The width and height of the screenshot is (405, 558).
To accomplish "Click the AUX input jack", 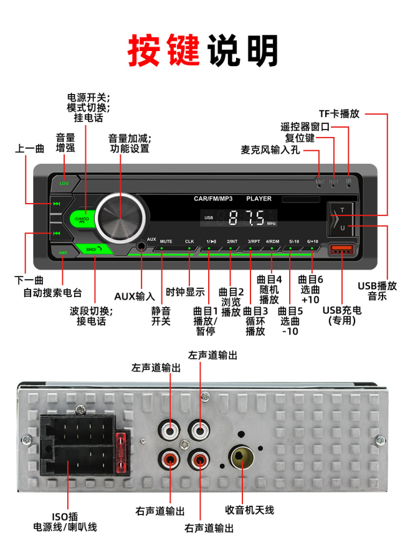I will tap(141, 247).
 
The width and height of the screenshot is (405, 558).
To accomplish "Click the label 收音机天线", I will tap(250, 510).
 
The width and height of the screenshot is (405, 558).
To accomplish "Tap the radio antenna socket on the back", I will tap(241, 459).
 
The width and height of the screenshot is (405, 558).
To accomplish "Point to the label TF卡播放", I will tap(339, 114).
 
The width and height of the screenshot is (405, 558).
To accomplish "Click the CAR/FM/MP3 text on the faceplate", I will tap(213, 199).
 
